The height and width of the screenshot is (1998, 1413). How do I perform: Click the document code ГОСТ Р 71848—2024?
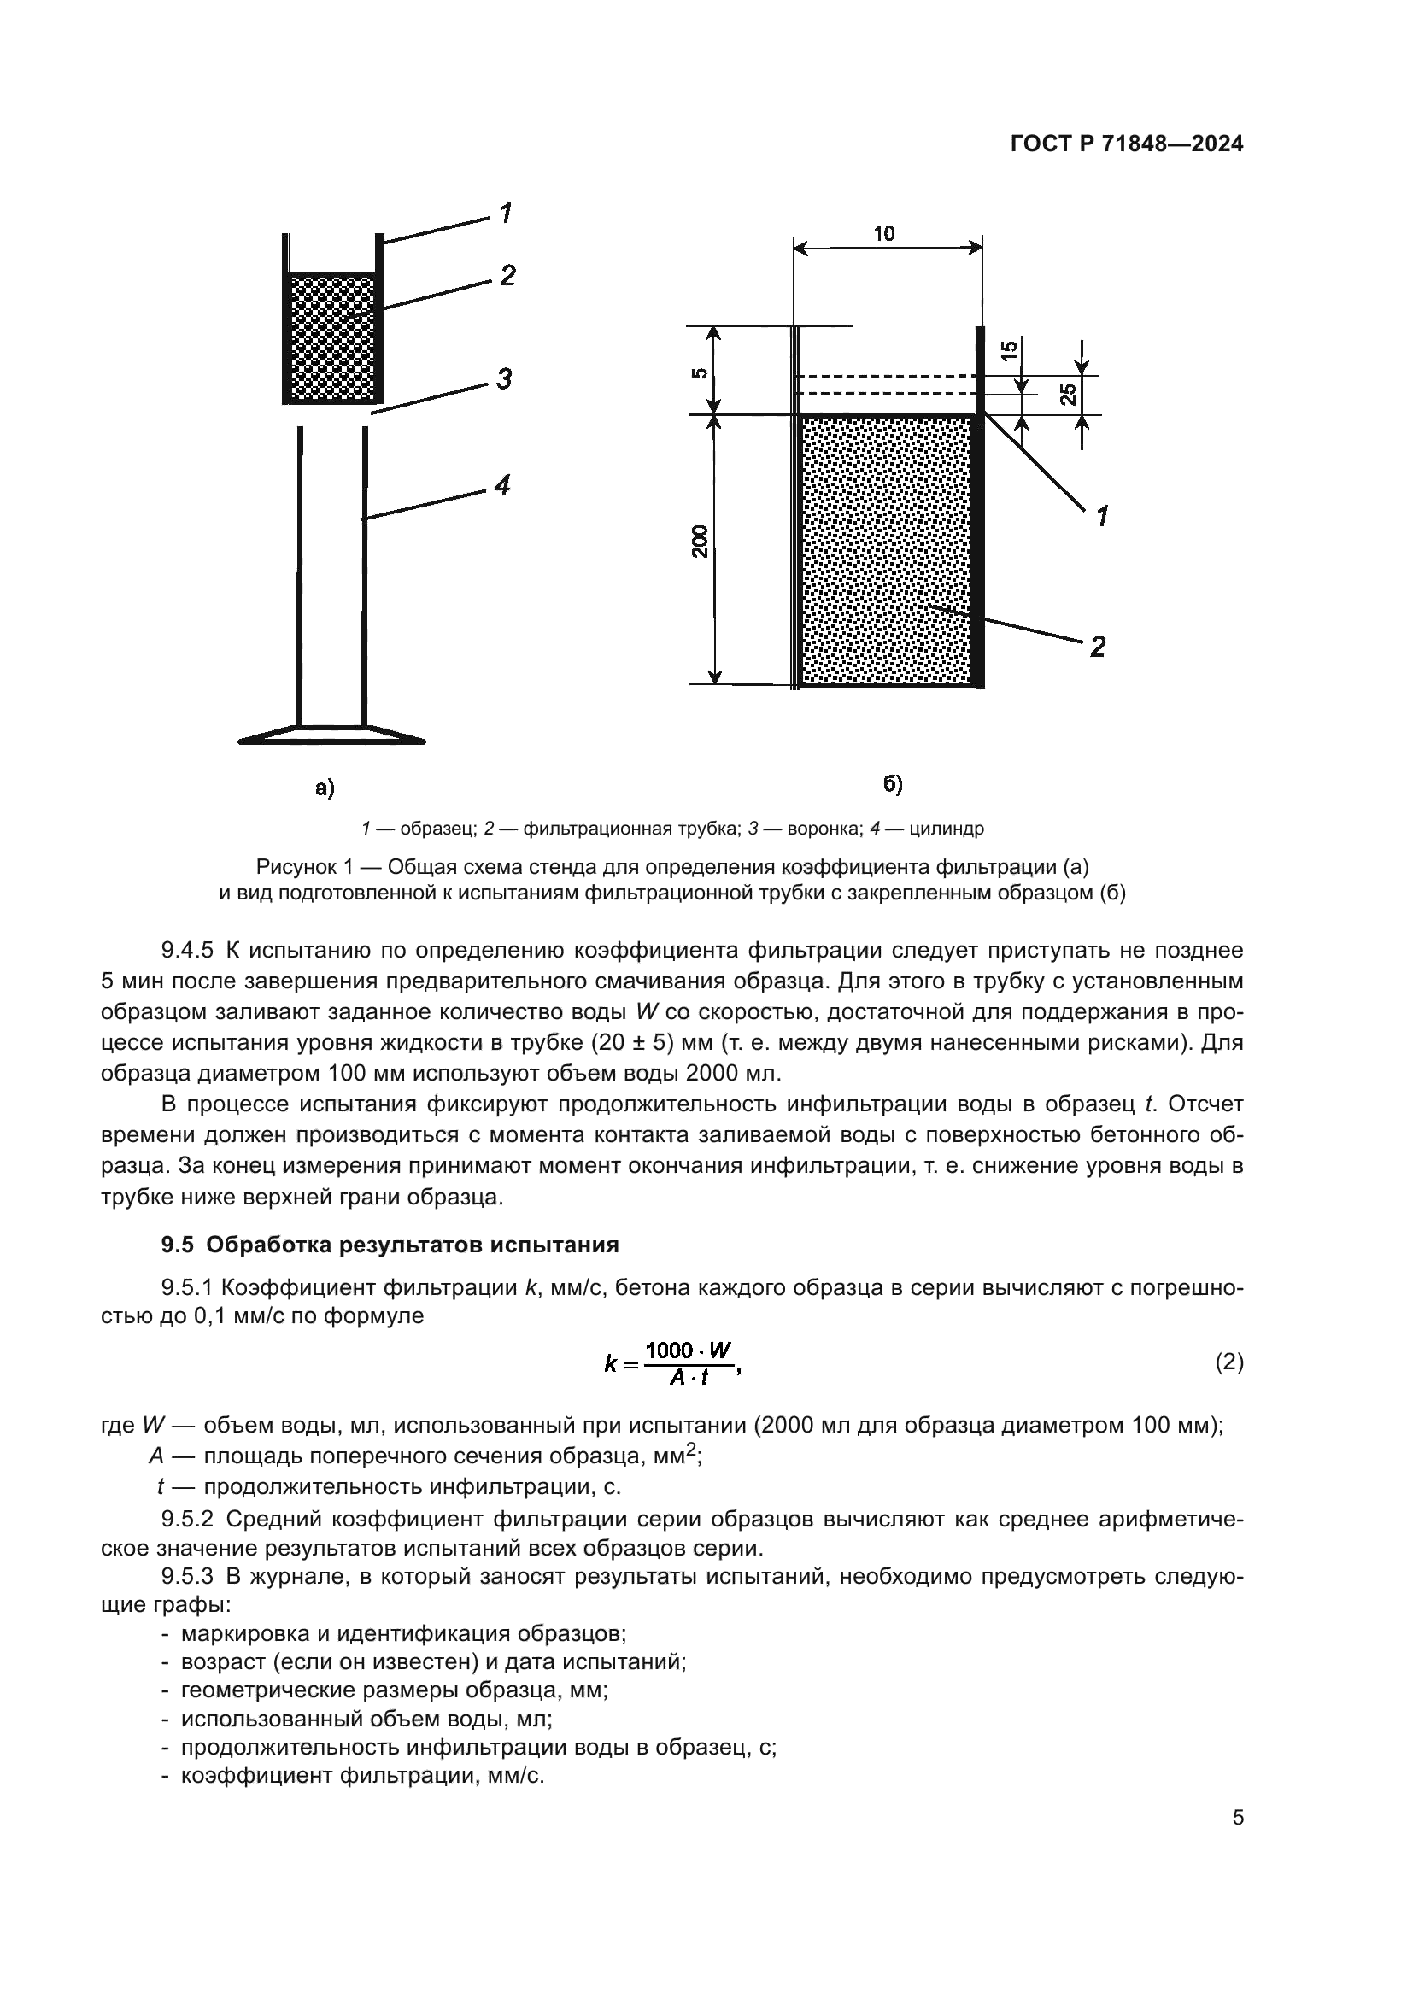coord(1127,144)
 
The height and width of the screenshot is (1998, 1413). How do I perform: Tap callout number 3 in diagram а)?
coord(503,379)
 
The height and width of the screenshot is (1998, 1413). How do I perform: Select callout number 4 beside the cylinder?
coord(502,484)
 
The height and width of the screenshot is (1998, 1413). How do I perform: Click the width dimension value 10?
coord(884,233)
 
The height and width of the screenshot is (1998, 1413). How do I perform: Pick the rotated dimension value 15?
coord(1008,351)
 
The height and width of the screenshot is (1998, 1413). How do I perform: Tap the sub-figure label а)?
coord(325,788)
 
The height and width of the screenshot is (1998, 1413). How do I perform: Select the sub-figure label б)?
coord(893,784)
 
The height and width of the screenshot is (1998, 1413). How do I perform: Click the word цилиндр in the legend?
coord(947,829)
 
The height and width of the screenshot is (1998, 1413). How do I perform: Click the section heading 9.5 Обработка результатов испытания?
coord(390,1245)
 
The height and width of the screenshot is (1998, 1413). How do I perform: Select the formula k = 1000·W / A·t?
coord(671,1362)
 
